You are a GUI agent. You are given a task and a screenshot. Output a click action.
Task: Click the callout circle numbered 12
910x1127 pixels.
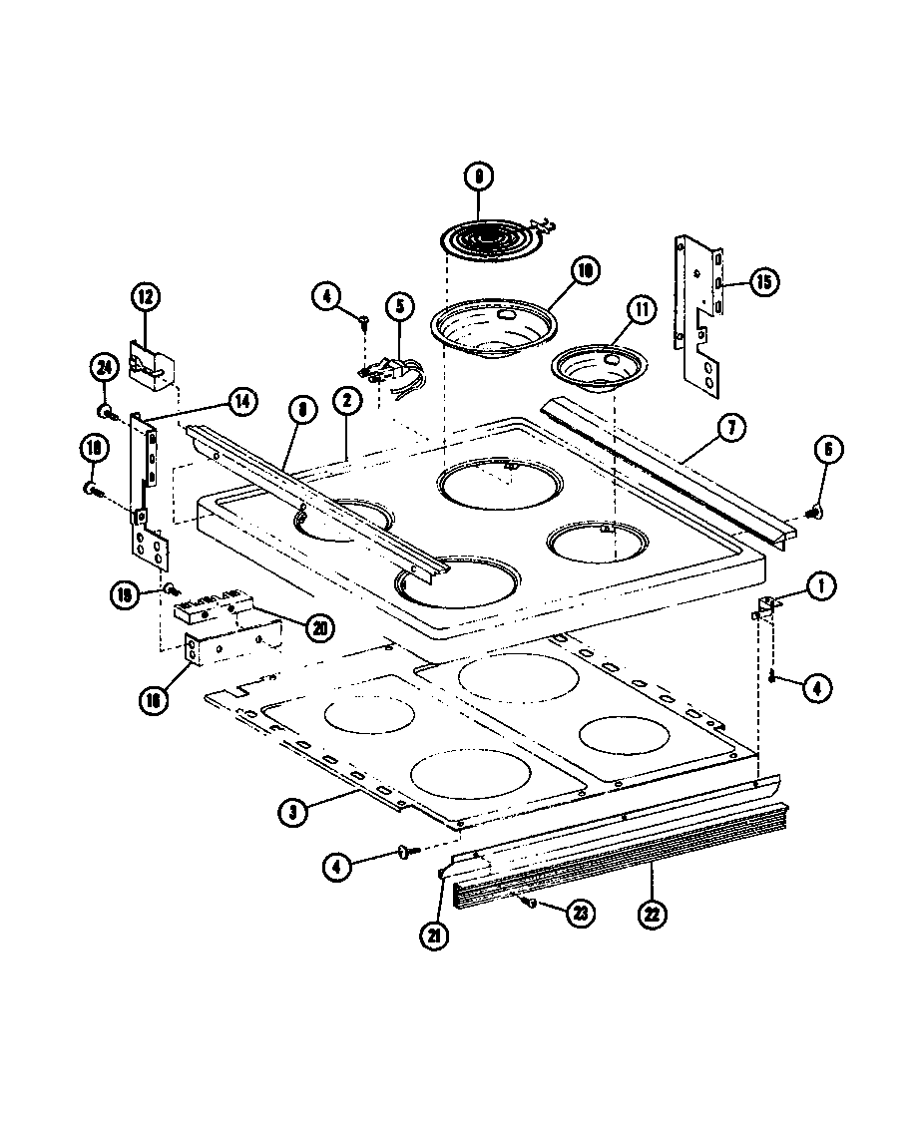click(x=145, y=298)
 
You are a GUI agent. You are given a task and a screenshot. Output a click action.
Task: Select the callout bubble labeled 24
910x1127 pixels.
click(x=102, y=368)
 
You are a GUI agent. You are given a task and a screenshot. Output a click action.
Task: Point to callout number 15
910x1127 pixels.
click(x=763, y=282)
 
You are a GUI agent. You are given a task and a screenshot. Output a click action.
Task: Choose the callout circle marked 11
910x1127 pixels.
click(x=639, y=311)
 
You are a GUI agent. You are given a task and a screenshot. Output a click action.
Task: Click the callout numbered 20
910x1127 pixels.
click(x=320, y=627)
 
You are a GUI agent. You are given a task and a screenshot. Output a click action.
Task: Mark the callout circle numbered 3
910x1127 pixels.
click(x=291, y=813)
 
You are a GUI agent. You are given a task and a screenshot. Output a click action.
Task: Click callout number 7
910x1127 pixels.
click(x=730, y=430)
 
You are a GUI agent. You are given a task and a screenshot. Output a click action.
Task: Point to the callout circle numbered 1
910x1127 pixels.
click(x=821, y=587)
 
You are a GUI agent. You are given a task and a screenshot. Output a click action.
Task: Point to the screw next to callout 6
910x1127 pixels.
click(x=811, y=513)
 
